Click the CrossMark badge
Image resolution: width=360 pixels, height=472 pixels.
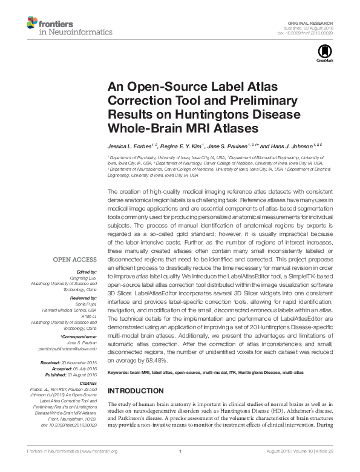point(321,56)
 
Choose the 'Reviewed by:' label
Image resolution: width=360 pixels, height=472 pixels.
point(83,299)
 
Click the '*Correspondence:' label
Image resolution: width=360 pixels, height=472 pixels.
point(80,336)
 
